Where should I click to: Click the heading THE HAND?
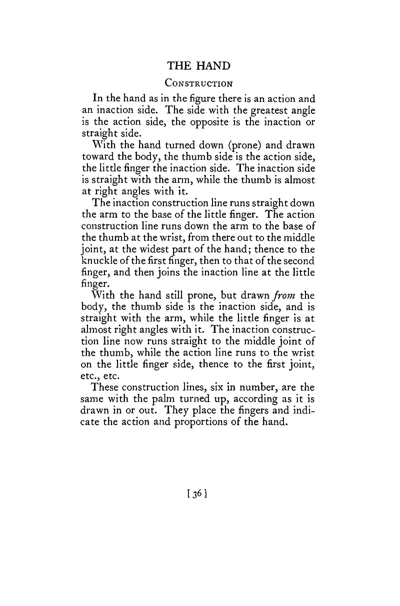pyautogui.click(x=198, y=65)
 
